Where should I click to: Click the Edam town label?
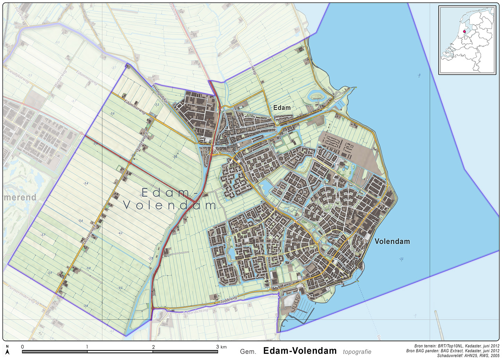(282, 108)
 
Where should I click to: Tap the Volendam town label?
(392, 241)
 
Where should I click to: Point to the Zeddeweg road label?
(229, 300)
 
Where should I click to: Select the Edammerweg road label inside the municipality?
(135, 106)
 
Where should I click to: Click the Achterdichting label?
(196, 311)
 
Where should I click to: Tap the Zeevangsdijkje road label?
(160, 93)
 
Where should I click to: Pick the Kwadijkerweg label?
(18, 75)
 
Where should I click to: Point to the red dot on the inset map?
(465, 31)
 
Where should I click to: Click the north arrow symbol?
(7, 351)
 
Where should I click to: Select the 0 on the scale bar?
(23, 346)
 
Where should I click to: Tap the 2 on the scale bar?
(153, 346)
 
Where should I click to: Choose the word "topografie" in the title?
(357, 352)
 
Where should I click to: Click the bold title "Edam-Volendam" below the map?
(300, 351)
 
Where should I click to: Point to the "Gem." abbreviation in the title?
(248, 352)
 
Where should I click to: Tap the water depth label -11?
(401, 259)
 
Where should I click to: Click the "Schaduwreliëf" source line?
(468, 355)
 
